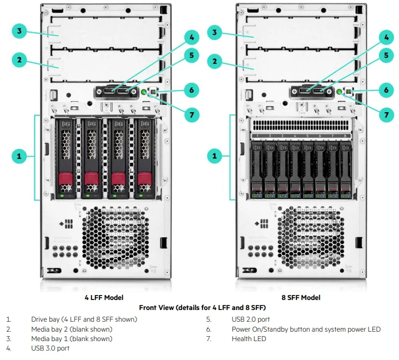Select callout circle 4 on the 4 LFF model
coord(191,38)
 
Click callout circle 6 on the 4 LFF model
coord(191,89)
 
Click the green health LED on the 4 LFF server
coord(144,92)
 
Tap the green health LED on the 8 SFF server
coord(340,92)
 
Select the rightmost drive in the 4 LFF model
coord(145,158)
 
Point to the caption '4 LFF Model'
coord(104,297)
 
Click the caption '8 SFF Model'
coord(301,297)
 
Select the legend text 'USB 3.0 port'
coord(50,348)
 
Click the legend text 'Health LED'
coord(249,338)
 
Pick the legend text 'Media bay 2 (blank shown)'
coord(72,329)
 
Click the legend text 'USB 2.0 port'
coord(251,319)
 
